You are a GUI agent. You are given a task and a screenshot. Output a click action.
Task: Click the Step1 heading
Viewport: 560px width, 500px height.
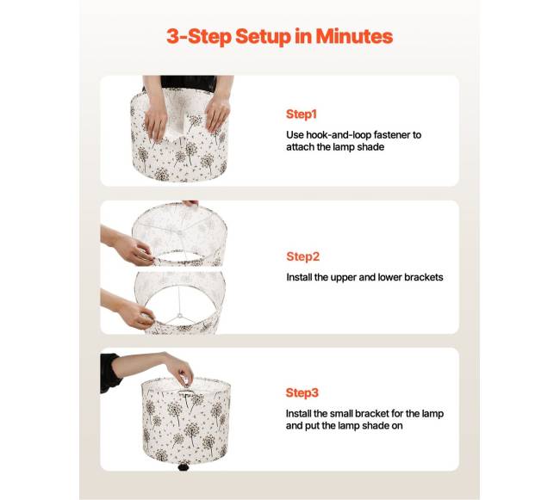pyautogui.click(x=301, y=114)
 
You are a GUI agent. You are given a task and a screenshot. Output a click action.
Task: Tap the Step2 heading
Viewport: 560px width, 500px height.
pyautogui.click(x=303, y=256)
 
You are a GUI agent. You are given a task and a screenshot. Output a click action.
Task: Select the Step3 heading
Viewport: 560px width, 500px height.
pyautogui.click(x=302, y=392)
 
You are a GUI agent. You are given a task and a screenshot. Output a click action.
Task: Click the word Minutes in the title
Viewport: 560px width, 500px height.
pyautogui.click(x=354, y=36)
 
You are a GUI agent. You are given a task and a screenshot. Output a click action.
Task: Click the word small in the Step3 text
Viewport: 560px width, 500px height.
pyautogui.click(x=340, y=414)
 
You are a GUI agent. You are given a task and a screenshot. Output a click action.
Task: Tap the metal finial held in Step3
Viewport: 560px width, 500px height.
pyautogui.click(x=184, y=380)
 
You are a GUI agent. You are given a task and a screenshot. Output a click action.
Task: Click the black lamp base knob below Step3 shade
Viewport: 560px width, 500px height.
pyautogui.click(x=184, y=466)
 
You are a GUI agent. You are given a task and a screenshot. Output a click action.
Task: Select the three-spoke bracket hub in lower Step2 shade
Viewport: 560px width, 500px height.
pyautogui.click(x=180, y=316)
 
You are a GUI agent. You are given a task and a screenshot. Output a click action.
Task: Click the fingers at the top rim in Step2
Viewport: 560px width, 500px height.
pyautogui.click(x=190, y=202)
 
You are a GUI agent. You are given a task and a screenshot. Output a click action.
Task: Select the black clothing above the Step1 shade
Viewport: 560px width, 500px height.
pyautogui.click(x=188, y=83)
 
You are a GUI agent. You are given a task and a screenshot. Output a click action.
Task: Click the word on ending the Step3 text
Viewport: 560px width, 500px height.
pyautogui.click(x=397, y=426)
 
